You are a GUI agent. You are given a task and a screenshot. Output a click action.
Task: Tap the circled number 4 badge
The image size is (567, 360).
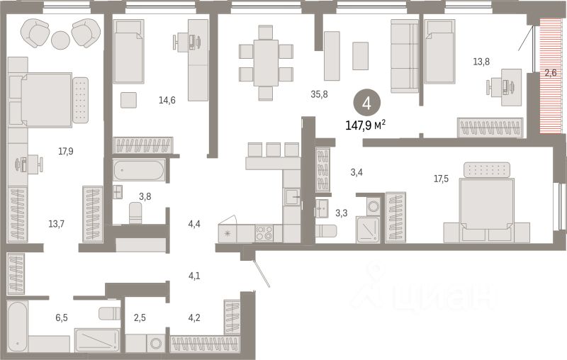pos(366,103)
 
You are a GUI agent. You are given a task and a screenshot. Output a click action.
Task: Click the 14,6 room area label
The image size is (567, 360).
pos(167,100)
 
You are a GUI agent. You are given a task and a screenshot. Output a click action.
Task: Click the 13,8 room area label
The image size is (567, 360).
pos(483,62)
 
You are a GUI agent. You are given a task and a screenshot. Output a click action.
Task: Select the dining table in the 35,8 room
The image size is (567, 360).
pos(266,62)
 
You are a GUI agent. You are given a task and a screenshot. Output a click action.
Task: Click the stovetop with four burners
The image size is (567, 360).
pos(264,233)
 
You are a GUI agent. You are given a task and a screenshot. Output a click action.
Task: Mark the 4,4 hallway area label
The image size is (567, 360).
pos(194,224)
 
